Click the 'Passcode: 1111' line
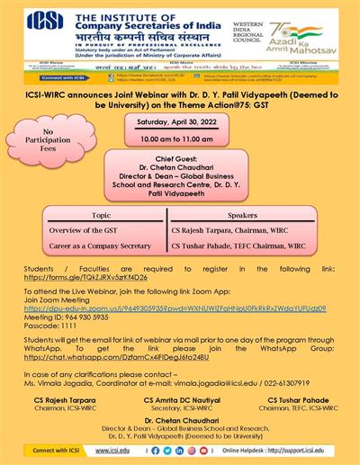pos(49,326)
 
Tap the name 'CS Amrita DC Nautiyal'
pos(181,398)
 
